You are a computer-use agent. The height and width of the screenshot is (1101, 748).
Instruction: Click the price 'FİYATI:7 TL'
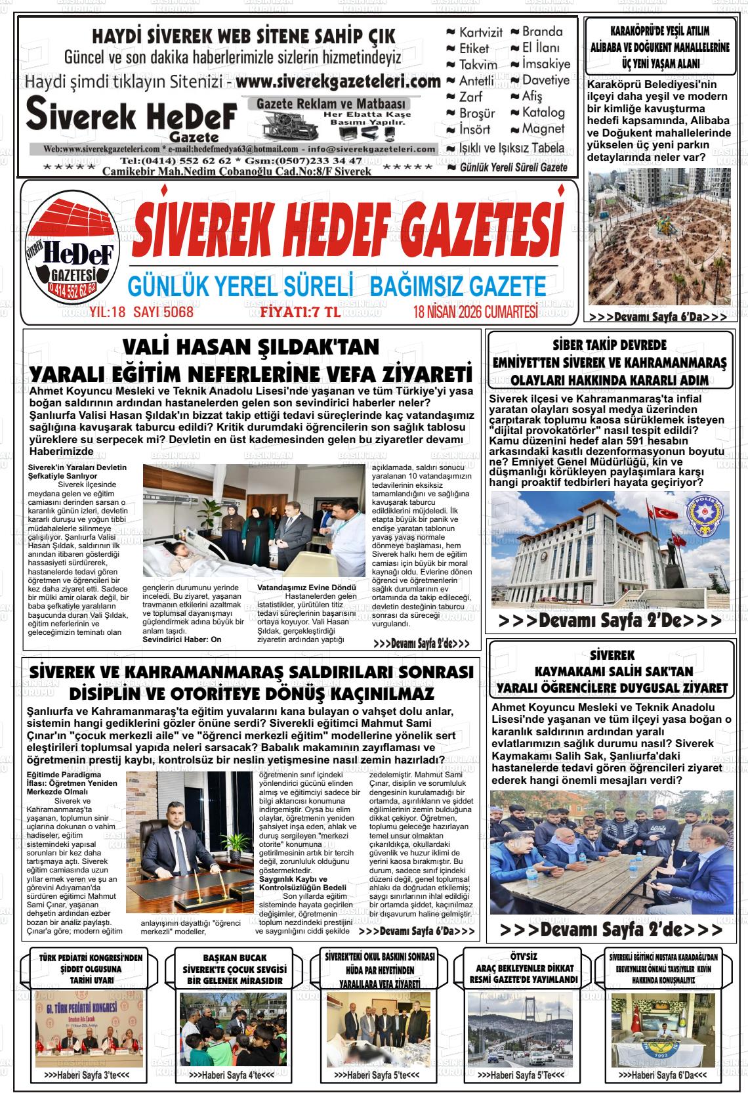[x=300, y=312]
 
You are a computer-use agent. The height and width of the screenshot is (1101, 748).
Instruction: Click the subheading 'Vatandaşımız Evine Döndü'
[x=306, y=587]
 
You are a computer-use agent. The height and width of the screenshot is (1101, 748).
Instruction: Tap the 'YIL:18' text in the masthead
[x=108, y=312]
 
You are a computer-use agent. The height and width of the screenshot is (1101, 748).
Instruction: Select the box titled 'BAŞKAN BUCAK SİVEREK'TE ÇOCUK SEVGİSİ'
[x=234, y=969]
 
